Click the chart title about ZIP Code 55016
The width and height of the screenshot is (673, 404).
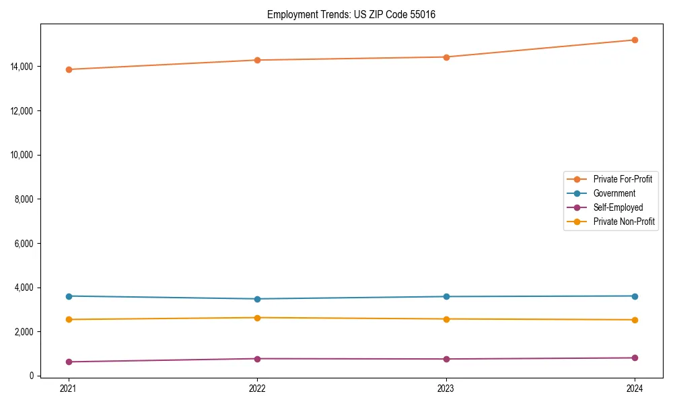point(351,14)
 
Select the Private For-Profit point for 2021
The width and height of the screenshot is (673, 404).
point(69,69)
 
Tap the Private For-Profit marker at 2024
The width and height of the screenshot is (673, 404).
point(635,40)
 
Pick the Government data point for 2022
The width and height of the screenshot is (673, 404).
point(257,299)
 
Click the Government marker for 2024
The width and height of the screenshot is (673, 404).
point(635,296)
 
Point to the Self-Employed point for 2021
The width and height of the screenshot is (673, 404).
point(69,362)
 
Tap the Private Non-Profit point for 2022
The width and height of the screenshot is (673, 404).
point(257,318)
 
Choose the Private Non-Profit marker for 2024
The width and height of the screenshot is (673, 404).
point(635,320)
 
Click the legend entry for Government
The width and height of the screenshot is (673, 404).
point(614,193)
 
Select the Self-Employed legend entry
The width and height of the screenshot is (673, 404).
point(618,207)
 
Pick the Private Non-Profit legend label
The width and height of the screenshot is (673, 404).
point(624,222)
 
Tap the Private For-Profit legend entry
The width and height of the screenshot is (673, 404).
point(623,179)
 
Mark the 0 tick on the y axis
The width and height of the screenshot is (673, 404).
point(32,376)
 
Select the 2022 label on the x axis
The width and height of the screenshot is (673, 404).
point(257,388)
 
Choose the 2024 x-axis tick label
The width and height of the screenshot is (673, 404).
point(635,388)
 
